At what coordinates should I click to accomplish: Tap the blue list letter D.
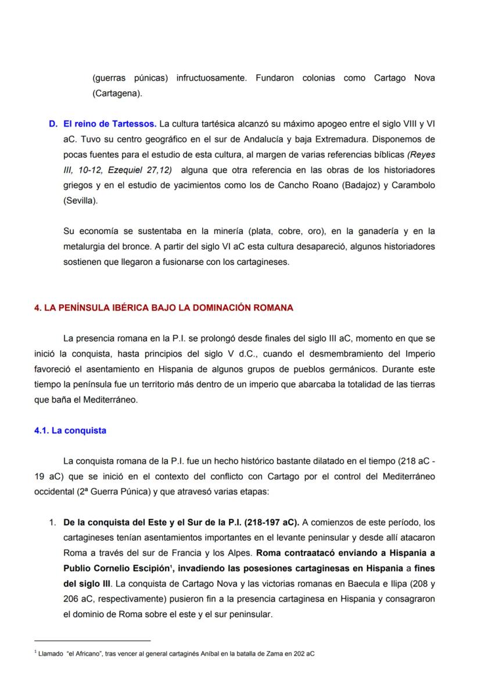53,124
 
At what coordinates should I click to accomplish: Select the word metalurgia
85,246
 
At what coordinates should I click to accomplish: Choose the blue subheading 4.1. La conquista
70,430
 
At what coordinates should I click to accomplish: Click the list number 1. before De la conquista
53,523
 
